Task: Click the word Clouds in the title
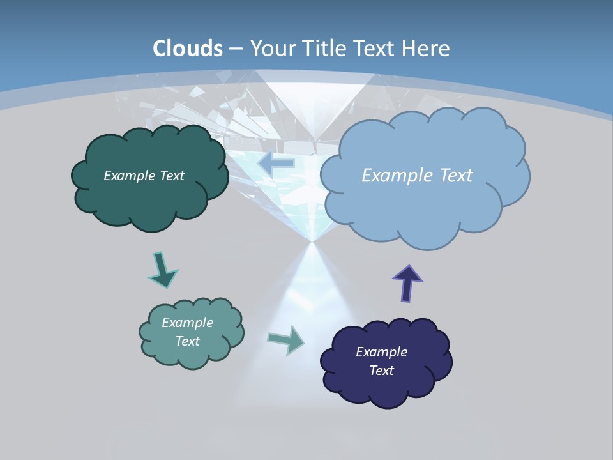click(x=188, y=48)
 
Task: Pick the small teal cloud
click(x=191, y=355)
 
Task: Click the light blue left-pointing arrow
click(x=276, y=164)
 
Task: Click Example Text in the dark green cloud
click(x=144, y=176)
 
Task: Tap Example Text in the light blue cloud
click(x=417, y=176)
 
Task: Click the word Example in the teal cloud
click(x=187, y=323)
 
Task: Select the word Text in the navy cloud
click(x=381, y=371)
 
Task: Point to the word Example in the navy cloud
click(x=381, y=352)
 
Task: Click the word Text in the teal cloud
click(x=187, y=341)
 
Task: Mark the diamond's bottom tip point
click(x=312, y=241)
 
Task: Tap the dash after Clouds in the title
click(x=235, y=49)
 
